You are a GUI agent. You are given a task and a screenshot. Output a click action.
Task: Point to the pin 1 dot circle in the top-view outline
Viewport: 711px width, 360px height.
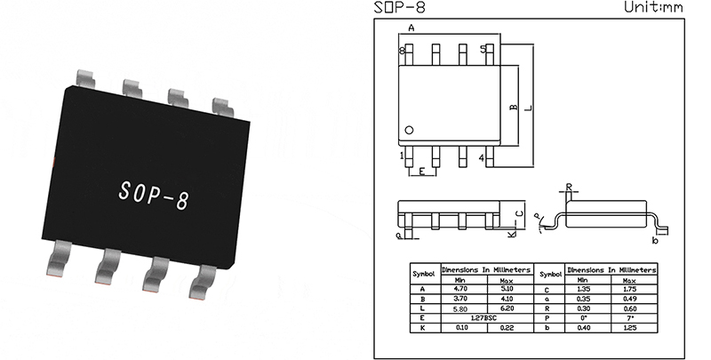(409, 131)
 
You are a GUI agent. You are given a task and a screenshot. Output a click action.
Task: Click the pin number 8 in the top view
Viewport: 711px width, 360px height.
(402, 51)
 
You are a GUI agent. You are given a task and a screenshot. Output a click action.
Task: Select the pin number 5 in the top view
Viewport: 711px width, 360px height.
(483, 49)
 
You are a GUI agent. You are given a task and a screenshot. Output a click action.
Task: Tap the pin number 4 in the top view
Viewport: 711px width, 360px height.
(481, 158)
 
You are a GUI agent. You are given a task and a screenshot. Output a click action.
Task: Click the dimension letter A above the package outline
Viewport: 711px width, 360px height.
(411, 28)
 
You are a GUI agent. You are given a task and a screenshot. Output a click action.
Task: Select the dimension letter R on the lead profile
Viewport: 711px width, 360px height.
(570, 188)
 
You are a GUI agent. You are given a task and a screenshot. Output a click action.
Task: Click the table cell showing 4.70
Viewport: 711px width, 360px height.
(460, 289)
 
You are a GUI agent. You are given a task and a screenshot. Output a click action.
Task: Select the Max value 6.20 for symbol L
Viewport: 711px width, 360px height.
(507, 307)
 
